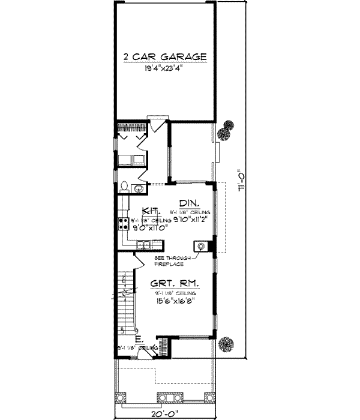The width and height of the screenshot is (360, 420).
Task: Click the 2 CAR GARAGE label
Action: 165,57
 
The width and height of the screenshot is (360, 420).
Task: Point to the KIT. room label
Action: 150,211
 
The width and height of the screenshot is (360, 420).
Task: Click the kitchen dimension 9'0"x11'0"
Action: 149,227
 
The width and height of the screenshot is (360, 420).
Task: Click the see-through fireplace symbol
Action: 200,246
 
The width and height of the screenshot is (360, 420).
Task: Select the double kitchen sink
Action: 143,244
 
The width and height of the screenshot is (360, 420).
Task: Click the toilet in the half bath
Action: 124,188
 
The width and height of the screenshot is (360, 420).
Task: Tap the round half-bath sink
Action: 139,188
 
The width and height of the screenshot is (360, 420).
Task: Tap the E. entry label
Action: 139,340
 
